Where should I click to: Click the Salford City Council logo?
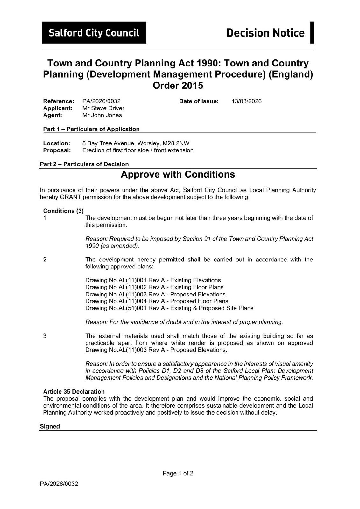click(x=94, y=32)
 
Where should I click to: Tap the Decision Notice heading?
click(x=265, y=33)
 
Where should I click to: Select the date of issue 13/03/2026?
click(x=246, y=101)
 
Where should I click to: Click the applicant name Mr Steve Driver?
click(x=103, y=108)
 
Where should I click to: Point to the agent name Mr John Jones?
click(x=102, y=115)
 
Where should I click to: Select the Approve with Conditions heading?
click(x=178, y=174)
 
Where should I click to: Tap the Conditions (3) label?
click(x=63, y=211)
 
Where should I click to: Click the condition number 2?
click(x=45, y=260)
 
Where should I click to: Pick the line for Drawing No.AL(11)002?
click(x=154, y=287)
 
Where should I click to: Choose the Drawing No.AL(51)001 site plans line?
click(x=169, y=308)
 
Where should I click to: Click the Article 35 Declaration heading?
click(x=74, y=391)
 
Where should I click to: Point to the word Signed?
click(x=50, y=426)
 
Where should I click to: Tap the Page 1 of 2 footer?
click(x=178, y=473)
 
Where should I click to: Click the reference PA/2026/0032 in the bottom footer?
click(x=59, y=484)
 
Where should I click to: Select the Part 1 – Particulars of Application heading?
click(x=91, y=129)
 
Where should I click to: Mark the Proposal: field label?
click(x=57, y=150)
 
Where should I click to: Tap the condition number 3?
click(x=45, y=336)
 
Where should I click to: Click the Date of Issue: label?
click(x=199, y=101)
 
